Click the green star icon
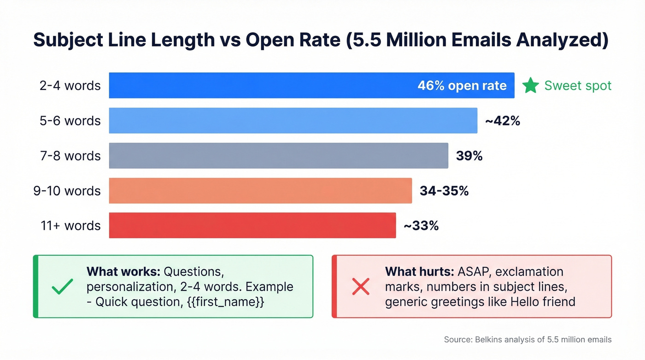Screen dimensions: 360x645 [x=530, y=85]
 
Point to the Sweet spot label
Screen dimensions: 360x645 [x=578, y=86]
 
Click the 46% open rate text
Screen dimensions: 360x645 [x=462, y=86]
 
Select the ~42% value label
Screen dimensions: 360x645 [x=502, y=121]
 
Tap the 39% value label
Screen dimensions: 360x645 [x=469, y=156]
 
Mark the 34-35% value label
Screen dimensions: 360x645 [x=444, y=191]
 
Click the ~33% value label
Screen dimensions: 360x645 [x=421, y=226]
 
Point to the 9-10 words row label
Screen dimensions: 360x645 [x=67, y=191]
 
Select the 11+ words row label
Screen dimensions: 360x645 [x=70, y=226]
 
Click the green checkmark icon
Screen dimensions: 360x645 [x=62, y=287]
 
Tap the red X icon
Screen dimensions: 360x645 [x=360, y=287]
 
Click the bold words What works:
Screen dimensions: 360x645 [x=123, y=271]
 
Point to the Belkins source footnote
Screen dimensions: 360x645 [x=528, y=340]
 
